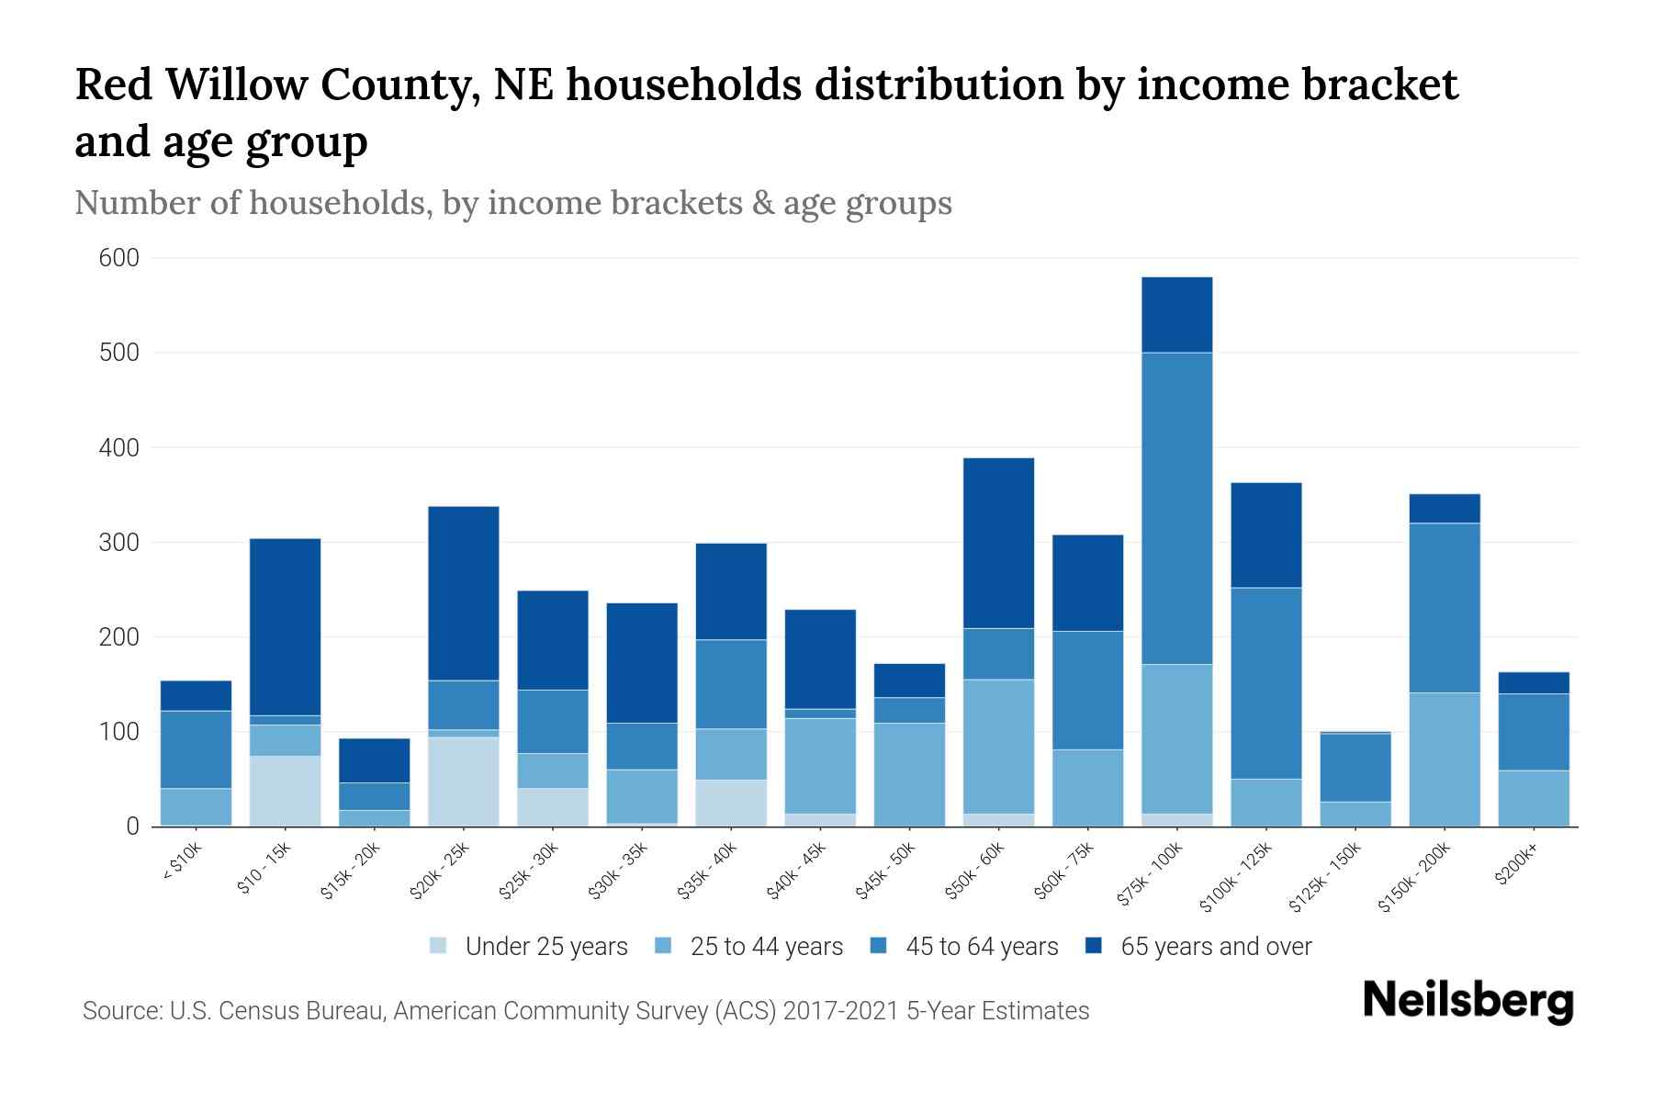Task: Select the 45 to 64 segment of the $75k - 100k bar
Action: coord(1176,508)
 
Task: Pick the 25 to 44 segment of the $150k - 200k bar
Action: coord(1445,759)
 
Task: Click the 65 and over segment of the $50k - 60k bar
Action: coord(998,543)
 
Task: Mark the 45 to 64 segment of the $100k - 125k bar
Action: coord(1265,683)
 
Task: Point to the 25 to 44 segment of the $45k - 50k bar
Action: coord(909,774)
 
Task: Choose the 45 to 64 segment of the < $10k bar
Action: coord(196,749)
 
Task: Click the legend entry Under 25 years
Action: coord(545,947)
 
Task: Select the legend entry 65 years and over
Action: coord(1215,947)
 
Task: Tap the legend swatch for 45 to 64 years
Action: coord(879,946)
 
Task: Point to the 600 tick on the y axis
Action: coord(119,259)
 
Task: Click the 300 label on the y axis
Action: coord(119,543)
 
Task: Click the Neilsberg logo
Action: coord(1467,1002)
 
